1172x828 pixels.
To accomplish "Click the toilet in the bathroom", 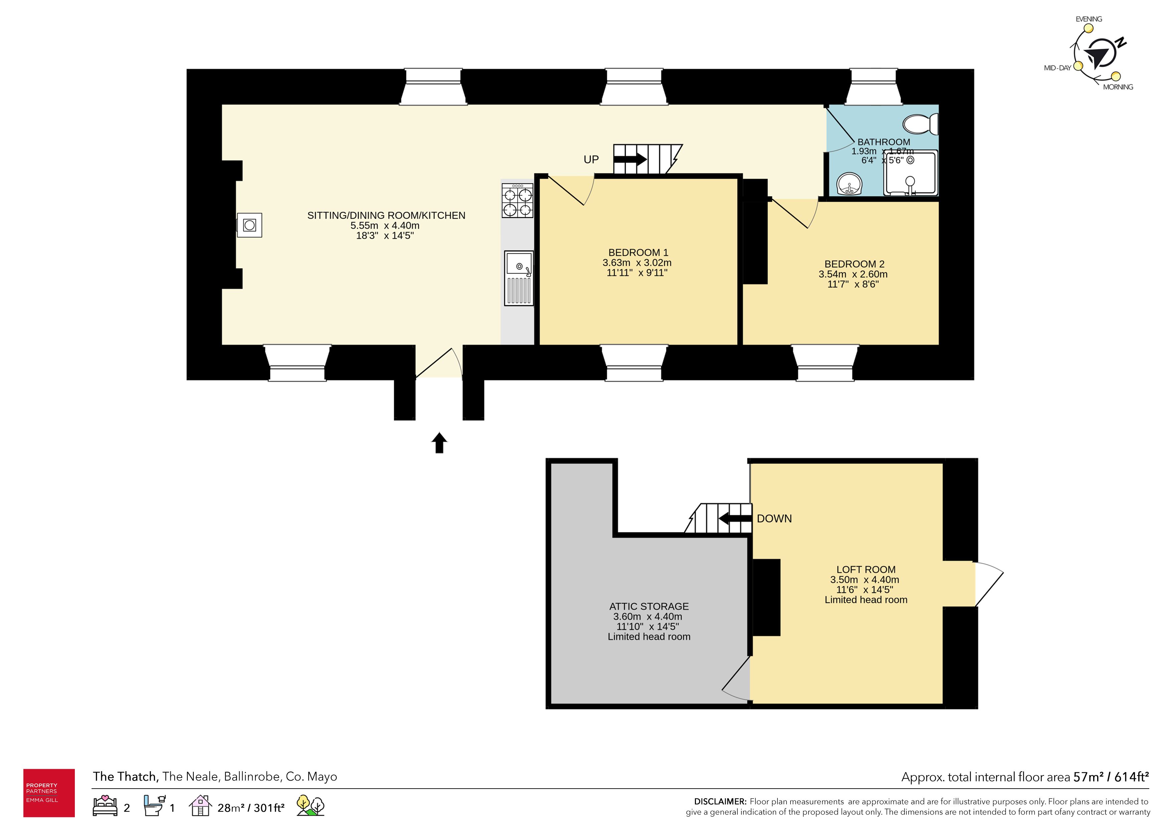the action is click(x=921, y=124).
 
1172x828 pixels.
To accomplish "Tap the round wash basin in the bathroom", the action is click(x=849, y=184).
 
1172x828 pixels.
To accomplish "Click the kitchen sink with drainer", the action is click(x=519, y=278).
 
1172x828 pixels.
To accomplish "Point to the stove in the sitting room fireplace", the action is click(x=250, y=225).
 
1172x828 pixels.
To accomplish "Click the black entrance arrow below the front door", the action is click(x=440, y=442).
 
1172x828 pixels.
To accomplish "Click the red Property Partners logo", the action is click(x=49, y=793).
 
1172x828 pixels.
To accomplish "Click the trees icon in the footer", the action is click(x=310, y=806).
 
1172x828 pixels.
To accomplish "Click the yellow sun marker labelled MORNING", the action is click(x=1116, y=76).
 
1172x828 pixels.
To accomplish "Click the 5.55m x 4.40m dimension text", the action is click(x=385, y=225).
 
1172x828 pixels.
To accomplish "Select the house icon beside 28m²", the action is click(x=200, y=806).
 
